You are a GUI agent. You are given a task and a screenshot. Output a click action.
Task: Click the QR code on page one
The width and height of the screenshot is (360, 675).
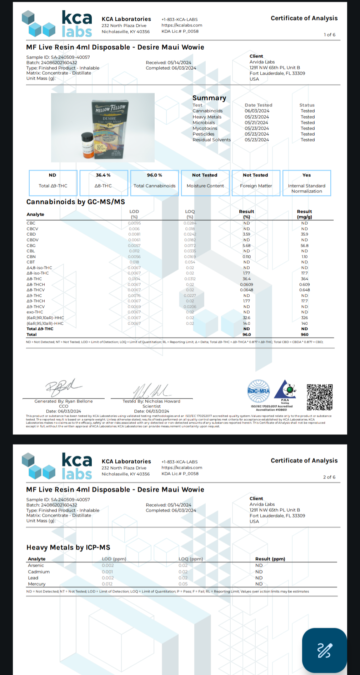pos(320,397)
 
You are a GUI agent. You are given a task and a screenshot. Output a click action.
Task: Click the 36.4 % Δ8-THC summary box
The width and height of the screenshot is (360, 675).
pos(104,183)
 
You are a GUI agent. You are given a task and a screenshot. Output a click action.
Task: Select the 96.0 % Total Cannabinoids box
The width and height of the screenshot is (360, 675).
pos(154,183)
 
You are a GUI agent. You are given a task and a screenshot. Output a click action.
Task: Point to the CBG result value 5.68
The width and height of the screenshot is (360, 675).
pos(246,246)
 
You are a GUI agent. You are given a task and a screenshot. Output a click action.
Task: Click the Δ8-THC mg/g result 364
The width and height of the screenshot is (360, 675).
pos(304,279)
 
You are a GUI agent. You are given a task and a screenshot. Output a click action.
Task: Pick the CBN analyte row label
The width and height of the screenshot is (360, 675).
pos(31,257)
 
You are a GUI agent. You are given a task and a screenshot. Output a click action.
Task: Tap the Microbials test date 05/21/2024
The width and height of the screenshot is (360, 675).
pos(256,122)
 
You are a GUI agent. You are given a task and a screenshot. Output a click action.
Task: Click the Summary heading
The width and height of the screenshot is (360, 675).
pos(209,98)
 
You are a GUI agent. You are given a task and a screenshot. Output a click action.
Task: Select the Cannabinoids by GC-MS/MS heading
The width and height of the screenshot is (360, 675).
pos(76,202)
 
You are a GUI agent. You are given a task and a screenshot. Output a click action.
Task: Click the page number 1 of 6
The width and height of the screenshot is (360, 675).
pos(330,35)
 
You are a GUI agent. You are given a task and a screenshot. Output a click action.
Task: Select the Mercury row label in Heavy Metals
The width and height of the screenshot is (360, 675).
pos(37,584)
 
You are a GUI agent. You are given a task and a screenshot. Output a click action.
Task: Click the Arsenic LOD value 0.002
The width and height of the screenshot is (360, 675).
pos(108,565)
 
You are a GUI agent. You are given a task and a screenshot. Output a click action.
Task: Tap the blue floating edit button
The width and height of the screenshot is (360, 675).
pos(324,650)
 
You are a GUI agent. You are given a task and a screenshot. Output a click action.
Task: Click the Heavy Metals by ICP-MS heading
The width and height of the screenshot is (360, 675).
pos(68,547)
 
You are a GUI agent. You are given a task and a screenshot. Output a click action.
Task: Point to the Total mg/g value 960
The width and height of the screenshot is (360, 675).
pos(304,335)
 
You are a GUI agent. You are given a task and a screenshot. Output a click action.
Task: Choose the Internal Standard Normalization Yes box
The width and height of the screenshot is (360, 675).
pos(306,183)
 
